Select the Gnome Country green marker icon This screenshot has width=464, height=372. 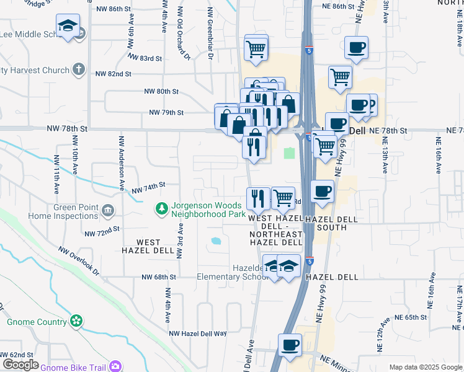click(x=76, y=321)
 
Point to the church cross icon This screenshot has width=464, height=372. click(x=78, y=69)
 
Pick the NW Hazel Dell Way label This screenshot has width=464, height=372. click(x=199, y=333)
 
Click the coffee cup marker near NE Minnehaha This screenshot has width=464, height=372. click(x=289, y=344)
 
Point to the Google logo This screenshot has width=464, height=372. click(x=20, y=365)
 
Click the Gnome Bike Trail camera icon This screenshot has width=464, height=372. click(x=115, y=366)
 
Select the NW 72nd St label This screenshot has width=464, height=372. click(x=102, y=231)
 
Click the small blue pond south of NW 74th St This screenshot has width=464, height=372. click(x=216, y=241)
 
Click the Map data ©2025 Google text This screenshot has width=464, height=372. click(x=426, y=367)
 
